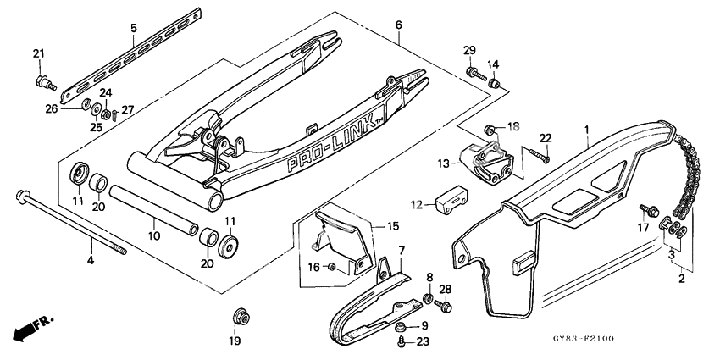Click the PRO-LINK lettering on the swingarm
(x=318, y=136)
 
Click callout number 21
(x=37, y=54)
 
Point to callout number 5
(x=133, y=28)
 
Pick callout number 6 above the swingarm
(x=398, y=25)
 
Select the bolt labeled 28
(x=446, y=306)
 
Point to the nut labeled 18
(x=490, y=130)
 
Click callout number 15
(x=391, y=225)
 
